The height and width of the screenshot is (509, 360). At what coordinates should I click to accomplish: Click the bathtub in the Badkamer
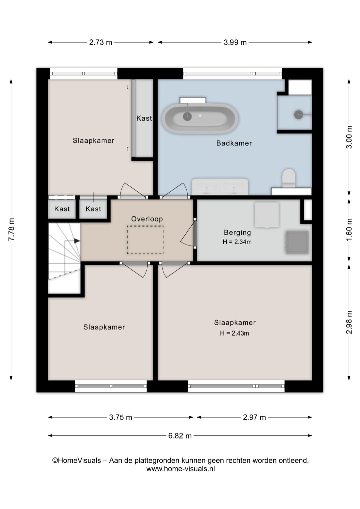200,118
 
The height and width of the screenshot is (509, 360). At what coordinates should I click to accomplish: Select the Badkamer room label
234,143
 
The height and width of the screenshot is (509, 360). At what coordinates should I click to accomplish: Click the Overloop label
147,219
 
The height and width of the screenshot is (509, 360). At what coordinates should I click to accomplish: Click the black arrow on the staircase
77,240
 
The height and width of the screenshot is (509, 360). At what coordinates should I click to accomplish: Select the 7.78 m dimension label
12,229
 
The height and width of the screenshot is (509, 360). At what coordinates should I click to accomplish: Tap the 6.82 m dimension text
180,436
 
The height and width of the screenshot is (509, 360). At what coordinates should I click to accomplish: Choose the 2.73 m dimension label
101,42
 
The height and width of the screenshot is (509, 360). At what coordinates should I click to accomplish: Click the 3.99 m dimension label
235,42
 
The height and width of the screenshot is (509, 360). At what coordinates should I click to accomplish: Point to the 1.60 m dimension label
349,230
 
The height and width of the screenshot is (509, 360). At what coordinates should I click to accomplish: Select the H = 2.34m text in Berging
237,242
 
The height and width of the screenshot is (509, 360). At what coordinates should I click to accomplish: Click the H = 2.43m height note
234,333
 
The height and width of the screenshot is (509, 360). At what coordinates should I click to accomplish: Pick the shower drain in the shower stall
298,114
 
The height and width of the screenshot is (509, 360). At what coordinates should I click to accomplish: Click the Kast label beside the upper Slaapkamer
144,118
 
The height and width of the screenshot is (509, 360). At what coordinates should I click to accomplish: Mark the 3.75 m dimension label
120,417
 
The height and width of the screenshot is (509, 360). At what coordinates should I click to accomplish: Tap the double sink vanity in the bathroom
220,186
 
